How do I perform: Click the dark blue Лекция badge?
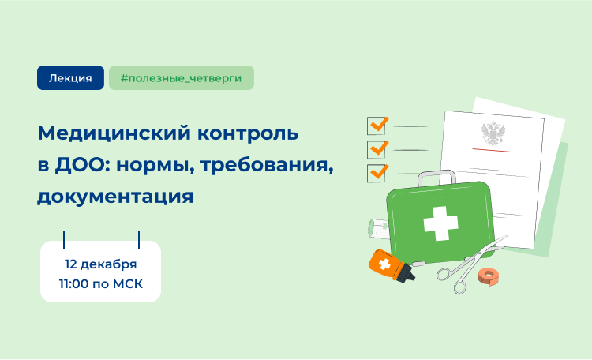tap(70, 78)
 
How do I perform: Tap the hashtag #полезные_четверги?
tap(182, 78)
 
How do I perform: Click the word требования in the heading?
tap(267, 165)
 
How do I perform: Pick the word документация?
tap(115, 197)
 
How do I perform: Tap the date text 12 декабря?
tap(100, 264)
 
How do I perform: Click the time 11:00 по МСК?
tap(101, 283)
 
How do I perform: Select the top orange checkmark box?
tap(377, 125)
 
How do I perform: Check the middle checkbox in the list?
tap(377, 149)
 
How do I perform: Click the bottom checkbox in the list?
tap(377, 173)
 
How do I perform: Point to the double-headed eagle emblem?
tap(493, 133)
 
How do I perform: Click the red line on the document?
tap(493, 150)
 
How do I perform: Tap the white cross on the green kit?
tap(440, 223)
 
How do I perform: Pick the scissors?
tap(471, 264)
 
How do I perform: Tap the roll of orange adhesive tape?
tap(489, 276)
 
